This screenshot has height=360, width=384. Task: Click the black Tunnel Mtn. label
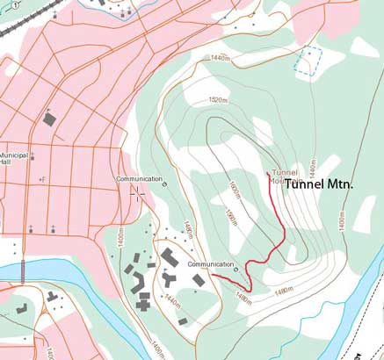(x=319, y=185)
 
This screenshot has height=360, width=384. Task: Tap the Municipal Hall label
(x=15, y=158)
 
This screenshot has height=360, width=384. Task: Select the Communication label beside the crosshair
(x=138, y=179)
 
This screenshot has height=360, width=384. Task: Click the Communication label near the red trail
(x=206, y=263)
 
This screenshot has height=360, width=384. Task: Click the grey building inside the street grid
(x=49, y=118)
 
